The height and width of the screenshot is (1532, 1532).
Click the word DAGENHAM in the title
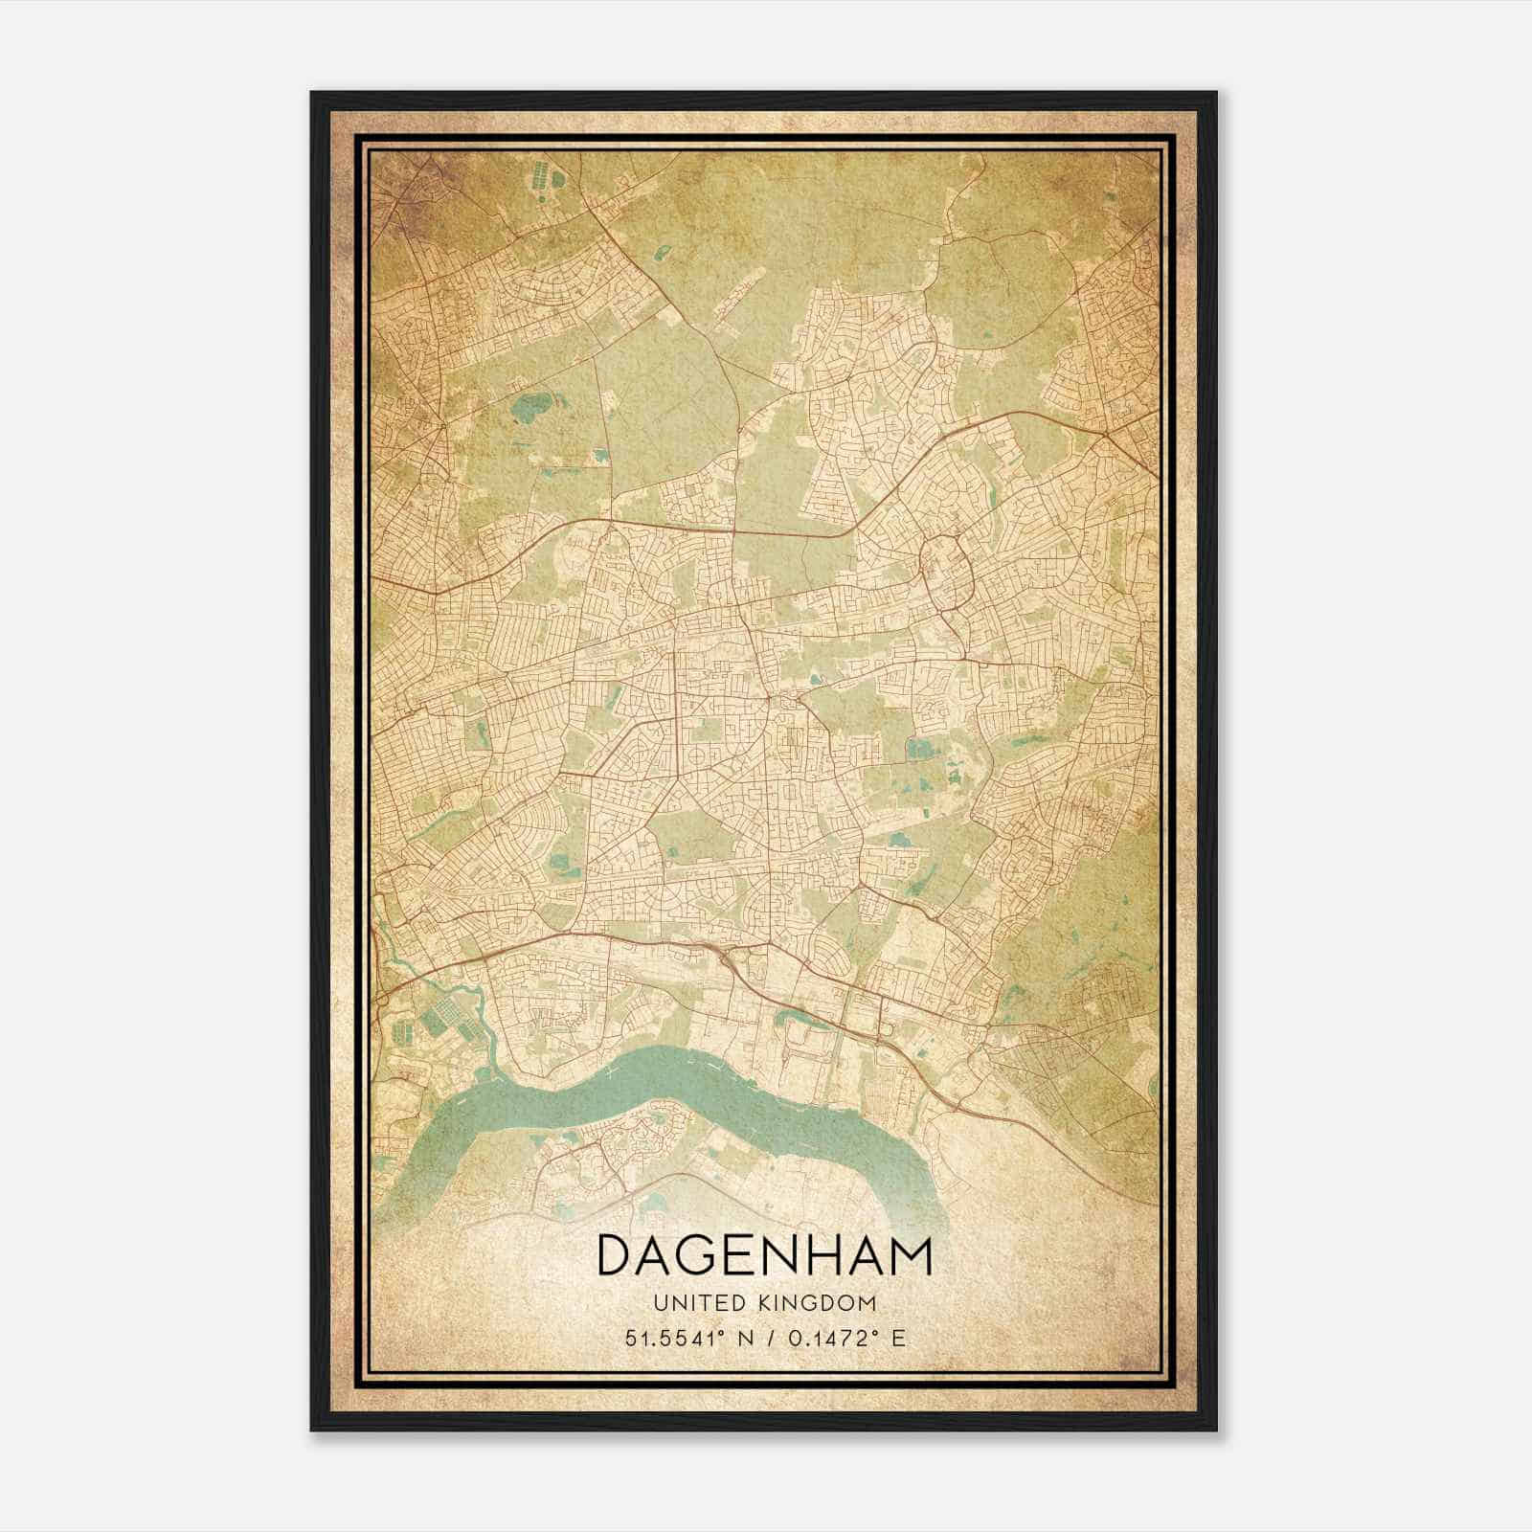pyautogui.click(x=764, y=1256)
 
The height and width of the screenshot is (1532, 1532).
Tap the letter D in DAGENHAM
pyautogui.click(x=614, y=1256)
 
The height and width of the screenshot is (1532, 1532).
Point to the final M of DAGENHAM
pyautogui.click(x=912, y=1256)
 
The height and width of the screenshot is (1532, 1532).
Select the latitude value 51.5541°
pyautogui.click(x=667, y=1339)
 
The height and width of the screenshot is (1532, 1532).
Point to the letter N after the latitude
pyautogui.click(x=737, y=1339)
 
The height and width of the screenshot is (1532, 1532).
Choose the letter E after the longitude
pyautogui.click(x=897, y=1339)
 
